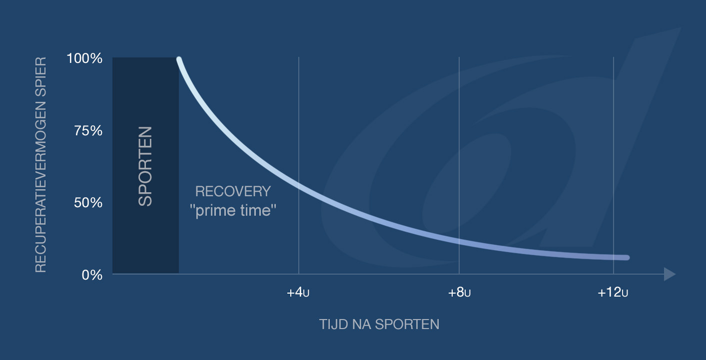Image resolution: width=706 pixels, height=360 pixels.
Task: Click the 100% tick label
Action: pyautogui.click(x=84, y=58)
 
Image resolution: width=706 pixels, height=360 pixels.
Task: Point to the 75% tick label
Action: pyautogui.click(x=88, y=130)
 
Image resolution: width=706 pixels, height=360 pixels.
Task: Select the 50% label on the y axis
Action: pyautogui.click(x=88, y=203)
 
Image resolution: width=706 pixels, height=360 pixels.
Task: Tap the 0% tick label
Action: pyautogui.click(x=92, y=275)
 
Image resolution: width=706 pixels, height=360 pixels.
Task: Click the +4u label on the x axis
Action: pyautogui.click(x=298, y=293)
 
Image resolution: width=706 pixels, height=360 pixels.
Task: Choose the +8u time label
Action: pyautogui.click(x=459, y=293)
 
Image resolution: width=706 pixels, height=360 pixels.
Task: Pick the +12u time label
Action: pyautogui.click(x=613, y=293)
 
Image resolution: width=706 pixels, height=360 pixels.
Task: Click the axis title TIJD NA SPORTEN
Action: pyautogui.click(x=379, y=325)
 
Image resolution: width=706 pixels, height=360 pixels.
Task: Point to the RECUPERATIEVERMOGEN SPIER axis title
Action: pyautogui.click(x=40, y=165)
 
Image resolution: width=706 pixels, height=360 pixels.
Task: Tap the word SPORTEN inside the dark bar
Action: pyautogui.click(x=145, y=166)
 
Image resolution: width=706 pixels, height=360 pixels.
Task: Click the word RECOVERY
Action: pyautogui.click(x=233, y=192)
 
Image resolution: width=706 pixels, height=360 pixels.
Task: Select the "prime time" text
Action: pyautogui.click(x=233, y=211)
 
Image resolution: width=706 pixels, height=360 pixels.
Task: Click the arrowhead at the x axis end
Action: pyautogui.click(x=670, y=274)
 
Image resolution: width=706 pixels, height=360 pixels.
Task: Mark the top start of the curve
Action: pyautogui.click(x=179, y=59)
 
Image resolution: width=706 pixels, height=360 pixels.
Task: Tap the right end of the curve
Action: pyautogui.click(x=627, y=258)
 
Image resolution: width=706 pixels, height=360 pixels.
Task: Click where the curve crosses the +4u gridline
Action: pyautogui.click(x=299, y=186)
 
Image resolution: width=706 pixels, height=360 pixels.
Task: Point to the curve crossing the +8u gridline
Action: pyautogui.click(x=459, y=241)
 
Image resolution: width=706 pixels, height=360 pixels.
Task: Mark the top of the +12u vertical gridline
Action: pyautogui.click(x=614, y=57)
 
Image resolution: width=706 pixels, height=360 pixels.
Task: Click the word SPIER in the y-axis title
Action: pyautogui.click(x=40, y=76)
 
